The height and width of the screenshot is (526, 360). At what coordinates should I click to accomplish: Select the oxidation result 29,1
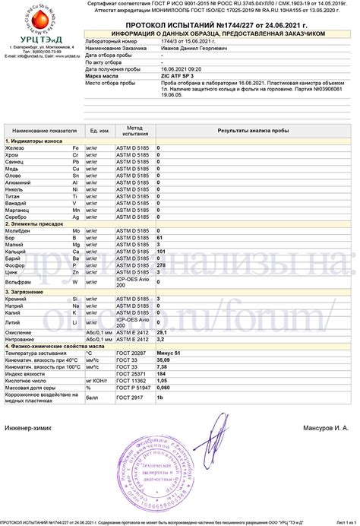(162, 332)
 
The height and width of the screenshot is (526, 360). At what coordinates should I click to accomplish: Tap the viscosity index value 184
(161, 373)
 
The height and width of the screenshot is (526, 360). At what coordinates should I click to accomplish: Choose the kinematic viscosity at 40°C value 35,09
(163, 360)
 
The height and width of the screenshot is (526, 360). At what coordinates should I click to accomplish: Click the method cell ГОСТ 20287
(131, 353)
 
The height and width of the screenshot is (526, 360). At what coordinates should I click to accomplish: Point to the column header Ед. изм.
(99, 131)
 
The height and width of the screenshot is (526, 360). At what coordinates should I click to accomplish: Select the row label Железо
(17, 147)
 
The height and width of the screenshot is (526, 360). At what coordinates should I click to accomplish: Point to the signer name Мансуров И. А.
(327, 428)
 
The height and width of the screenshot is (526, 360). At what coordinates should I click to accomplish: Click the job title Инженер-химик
(27, 428)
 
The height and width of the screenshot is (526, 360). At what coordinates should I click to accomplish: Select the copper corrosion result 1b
(160, 397)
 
